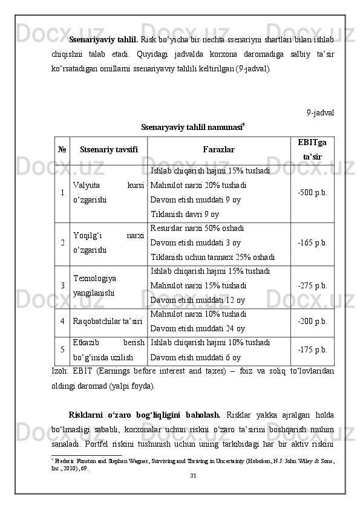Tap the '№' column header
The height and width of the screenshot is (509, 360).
[62, 149]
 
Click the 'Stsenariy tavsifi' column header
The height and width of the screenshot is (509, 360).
[109, 149]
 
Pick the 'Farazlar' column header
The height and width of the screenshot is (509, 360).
[219, 149]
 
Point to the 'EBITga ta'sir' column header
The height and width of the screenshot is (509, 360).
[313, 149]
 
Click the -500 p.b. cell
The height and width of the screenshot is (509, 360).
[313, 192]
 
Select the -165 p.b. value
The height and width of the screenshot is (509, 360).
[313, 243]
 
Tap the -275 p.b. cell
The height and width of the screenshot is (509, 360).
[313, 285]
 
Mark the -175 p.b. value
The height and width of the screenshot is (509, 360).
[313, 349]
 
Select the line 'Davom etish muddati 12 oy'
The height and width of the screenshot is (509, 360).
[197, 300]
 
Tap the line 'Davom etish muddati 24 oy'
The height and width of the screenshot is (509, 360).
[197, 329]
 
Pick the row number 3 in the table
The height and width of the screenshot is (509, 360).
[62, 285]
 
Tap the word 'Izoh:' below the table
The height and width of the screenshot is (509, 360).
[61, 371]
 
